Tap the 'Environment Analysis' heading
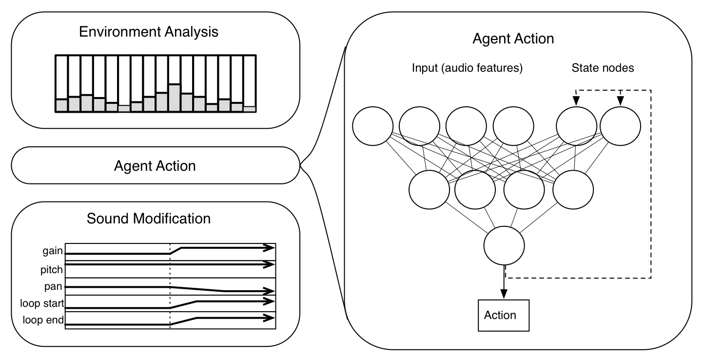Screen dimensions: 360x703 [149, 33]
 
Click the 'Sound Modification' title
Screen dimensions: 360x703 [149, 219]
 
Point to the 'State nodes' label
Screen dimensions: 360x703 [603, 68]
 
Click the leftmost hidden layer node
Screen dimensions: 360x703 [429, 189]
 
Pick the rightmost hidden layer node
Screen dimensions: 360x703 [573, 189]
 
